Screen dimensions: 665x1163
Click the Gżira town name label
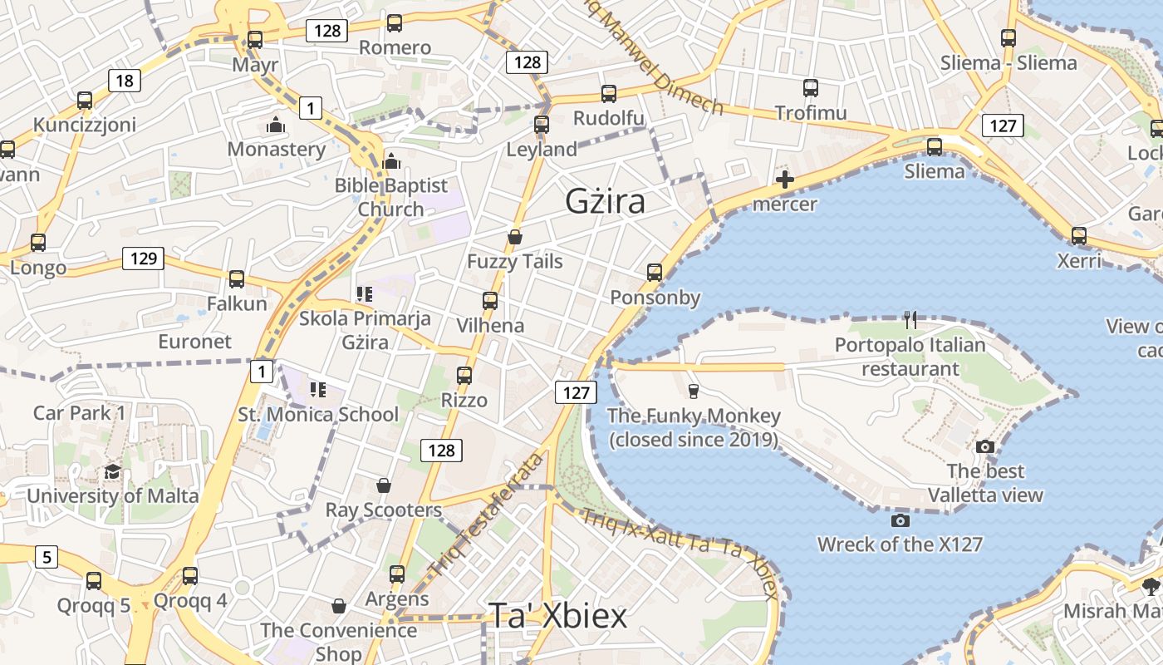605,201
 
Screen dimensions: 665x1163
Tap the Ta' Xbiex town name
557,616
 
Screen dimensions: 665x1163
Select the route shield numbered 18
123,81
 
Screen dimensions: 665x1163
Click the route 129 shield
143,258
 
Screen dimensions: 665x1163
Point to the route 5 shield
46,556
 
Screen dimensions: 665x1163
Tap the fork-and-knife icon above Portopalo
910,318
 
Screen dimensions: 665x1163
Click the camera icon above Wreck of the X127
900,520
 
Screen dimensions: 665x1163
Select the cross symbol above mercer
784,179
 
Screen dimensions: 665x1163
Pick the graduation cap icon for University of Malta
112,471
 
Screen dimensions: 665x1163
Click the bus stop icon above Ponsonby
655,272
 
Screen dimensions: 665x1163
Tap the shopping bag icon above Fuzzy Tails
515,237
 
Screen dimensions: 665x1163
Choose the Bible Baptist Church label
390,197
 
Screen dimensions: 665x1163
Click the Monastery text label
277,150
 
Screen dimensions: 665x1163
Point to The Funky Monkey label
694,427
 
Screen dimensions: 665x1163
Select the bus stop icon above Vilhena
490,300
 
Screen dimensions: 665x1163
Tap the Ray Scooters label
383,510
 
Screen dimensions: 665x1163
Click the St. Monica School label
318,414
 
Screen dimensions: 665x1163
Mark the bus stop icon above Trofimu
811,87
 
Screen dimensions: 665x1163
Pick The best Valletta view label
985,483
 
